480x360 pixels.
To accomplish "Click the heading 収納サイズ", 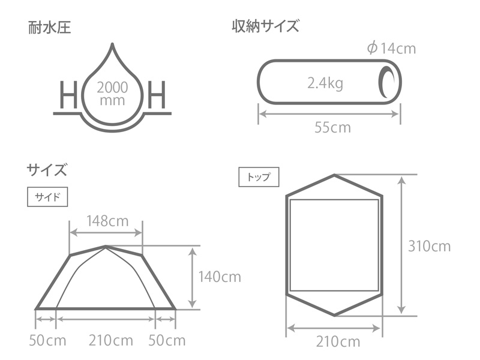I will (x=265, y=27).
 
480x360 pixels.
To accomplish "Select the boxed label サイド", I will (x=47, y=197).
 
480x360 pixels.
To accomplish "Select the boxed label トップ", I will (x=259, y=177).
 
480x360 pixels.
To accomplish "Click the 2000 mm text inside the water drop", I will (x=112, y=93).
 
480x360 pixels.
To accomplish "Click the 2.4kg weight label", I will (x=325, y=83).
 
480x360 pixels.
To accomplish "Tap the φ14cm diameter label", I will (x=391, y=49).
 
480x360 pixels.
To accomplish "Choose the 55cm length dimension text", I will (x=332, y=127).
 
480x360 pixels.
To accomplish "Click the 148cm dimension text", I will (x=107, y=221).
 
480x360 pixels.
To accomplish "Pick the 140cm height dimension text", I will (x=220, y=277).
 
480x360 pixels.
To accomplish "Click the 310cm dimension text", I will (x=429, y=246).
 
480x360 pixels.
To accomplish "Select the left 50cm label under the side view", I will (x=47, y=341).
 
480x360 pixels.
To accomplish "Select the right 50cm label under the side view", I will (x=167, y=341).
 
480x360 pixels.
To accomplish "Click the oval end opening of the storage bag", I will (x=385, y=82).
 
